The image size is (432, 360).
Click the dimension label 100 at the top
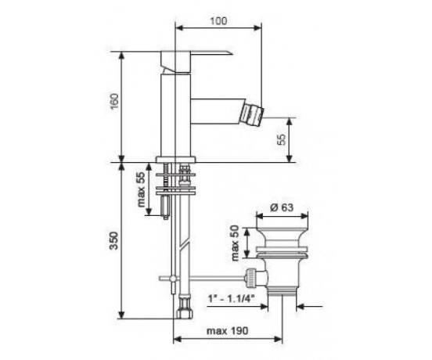[219, 20]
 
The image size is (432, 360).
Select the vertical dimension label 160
[114, 102]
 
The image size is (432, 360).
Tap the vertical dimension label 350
[114, 240]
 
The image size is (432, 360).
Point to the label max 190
[227, 330]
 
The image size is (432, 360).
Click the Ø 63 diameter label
[282, 207]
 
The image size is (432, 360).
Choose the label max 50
[235, 243]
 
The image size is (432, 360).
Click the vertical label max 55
[141, 189]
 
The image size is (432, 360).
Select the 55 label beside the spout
[282, 139]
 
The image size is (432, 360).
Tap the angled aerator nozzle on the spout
[252, 115]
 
